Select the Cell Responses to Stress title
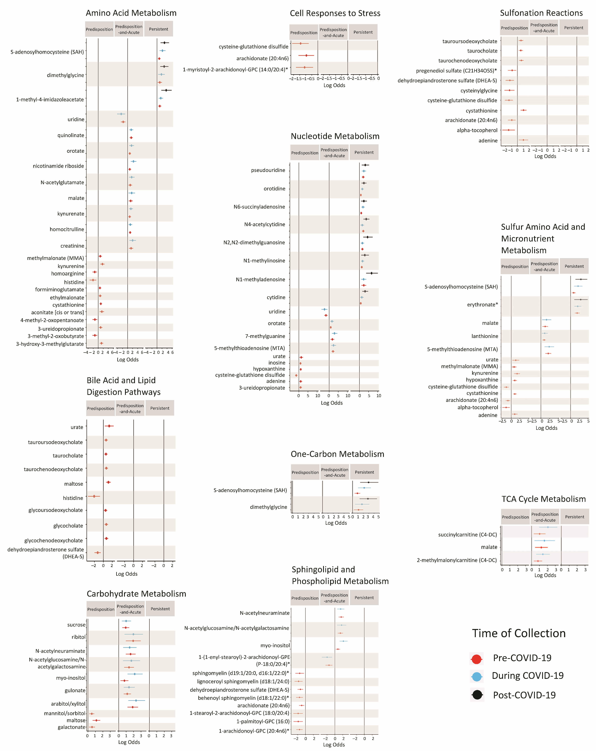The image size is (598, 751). tap(335, 13)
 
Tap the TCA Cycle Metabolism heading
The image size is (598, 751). tap(543, 499)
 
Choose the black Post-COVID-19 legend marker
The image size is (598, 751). tap(477, 695)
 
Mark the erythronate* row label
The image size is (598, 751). tap(482, 304)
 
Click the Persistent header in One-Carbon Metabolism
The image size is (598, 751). tap(364, 472)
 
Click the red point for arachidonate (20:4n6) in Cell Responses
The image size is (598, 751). tap(306, 55)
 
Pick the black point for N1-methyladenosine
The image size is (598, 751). tap(371, 273)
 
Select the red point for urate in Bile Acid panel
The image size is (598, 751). tap(109, 426)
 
